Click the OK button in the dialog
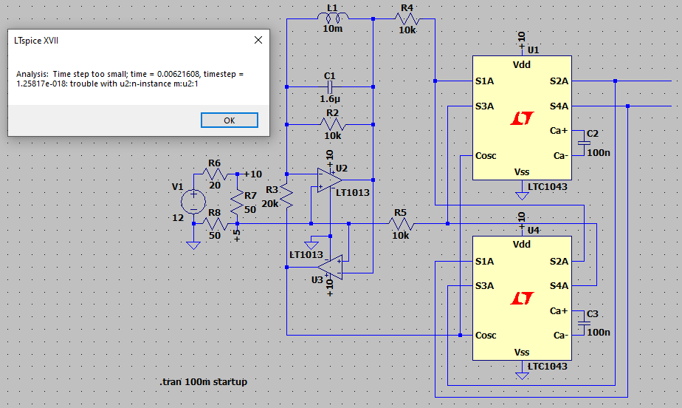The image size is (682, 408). [229, 120]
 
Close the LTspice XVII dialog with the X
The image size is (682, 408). [258, 41]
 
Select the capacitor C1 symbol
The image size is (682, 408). [330, 87]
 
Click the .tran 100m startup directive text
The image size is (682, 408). [203, 381]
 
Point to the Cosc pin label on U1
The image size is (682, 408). [486, 156]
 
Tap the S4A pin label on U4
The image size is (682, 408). [558, 285]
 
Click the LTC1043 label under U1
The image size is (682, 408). [547, 187]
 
